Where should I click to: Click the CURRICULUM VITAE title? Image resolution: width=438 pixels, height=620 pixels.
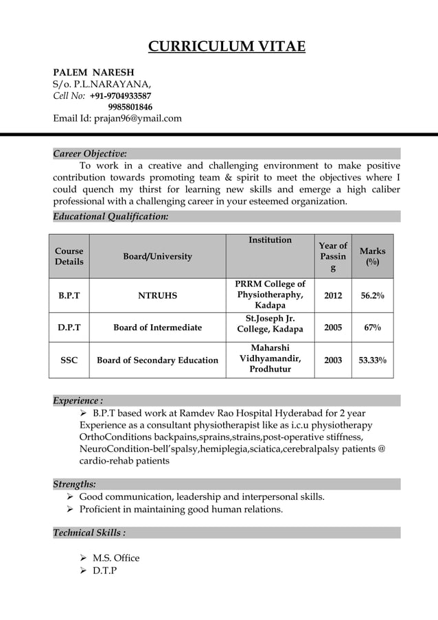coord(227,47)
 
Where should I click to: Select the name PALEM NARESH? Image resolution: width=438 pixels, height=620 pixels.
coord(94,72)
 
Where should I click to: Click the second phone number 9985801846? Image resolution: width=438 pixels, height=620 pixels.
coord(130,107)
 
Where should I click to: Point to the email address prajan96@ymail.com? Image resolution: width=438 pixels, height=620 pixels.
coord(137,118)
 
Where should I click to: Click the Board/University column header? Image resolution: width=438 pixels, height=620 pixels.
coord(158,256)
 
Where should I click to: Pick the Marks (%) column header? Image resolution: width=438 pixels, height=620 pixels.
coord(373,256)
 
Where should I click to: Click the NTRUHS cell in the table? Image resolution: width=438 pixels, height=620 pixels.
coord(157,296)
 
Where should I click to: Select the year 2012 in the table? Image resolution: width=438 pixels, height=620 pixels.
coord(333,296)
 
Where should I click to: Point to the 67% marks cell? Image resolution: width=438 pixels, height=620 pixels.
coord(373,328)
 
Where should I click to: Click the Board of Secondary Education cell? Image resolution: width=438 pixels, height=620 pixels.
coord(158,360)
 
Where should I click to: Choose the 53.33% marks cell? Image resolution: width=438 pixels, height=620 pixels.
coord(373,360)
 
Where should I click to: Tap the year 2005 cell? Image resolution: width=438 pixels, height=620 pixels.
coord(333,328)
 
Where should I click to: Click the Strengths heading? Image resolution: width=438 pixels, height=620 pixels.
coord(74,484)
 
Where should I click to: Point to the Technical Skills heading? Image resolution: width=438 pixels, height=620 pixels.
coord(89,533)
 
